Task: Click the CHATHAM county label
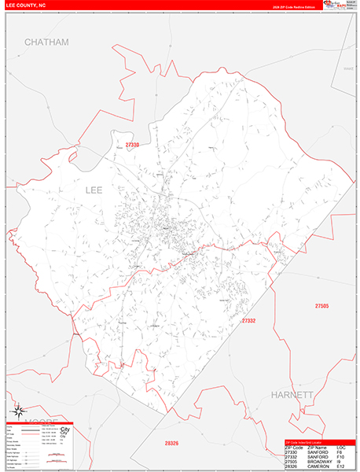pyautogui.click(x=46, y=42)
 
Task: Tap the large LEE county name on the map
pyautogui.click(x=94, y=190)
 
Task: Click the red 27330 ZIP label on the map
pyautogui.click(x=132, y=146)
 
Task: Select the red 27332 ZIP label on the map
pyautogui.click(x=249, y=321)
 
